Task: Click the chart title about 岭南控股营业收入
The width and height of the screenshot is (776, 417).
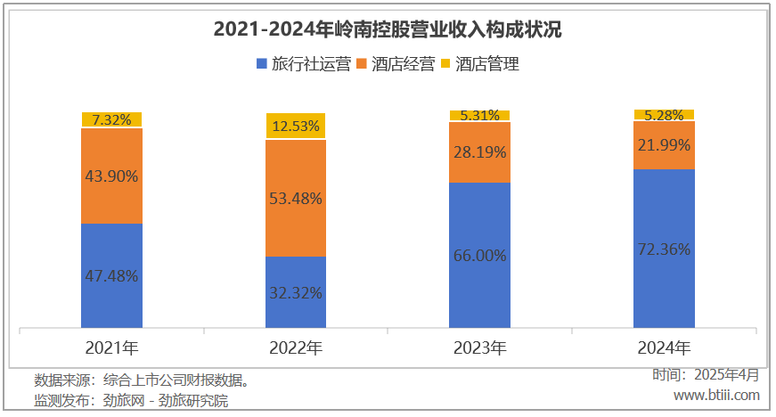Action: coord(388,29)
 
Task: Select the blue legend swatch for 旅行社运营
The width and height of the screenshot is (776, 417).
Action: coord(261,64)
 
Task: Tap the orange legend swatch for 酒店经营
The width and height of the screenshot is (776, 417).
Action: coord(361,64)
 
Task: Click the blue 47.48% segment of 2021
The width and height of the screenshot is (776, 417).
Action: coord(111,275)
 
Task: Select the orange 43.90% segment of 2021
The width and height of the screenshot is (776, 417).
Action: coord(111,176)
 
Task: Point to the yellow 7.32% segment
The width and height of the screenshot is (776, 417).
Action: coord(111,119)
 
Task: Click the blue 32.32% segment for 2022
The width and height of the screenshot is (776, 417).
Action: coord(295,291)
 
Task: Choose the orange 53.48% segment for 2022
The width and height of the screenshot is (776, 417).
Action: coord(295,198)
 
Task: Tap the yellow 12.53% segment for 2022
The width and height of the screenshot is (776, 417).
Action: coord(295,126)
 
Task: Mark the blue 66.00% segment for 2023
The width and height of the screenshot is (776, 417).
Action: coord(479,255)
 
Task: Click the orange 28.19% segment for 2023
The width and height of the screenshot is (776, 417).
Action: coord(479,151)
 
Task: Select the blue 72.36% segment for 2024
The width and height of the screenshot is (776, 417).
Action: coord(664,249)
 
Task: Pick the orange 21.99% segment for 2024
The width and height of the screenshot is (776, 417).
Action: coord(664,144)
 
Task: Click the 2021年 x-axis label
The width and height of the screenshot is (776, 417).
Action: coord(111,347)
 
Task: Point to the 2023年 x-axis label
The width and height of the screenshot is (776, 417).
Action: coord(479,347)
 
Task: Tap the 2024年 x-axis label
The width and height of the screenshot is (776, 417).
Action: coord(664,347)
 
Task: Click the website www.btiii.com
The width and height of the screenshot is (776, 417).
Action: coord(716,395)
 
